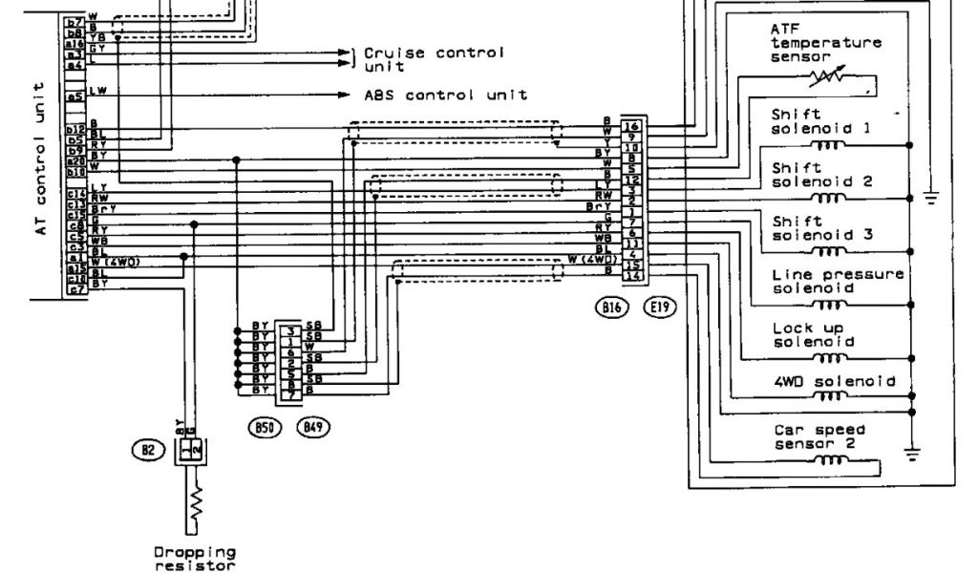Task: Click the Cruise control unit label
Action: click(x=433, y=59)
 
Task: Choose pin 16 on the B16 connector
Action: click(x=629, y=126)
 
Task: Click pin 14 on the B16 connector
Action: click(x=629, y=276)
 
